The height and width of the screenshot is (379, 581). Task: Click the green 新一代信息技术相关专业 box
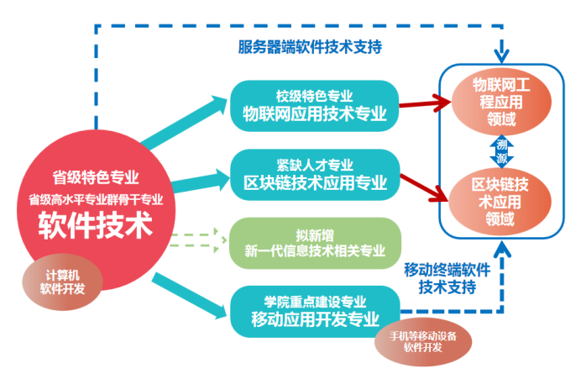[x=314, y=242]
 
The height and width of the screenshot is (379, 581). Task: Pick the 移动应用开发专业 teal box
[x=314, y=310]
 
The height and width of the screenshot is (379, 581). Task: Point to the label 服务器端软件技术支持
[x=310, y=48]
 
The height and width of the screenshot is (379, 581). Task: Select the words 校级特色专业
[x=314, y=95]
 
